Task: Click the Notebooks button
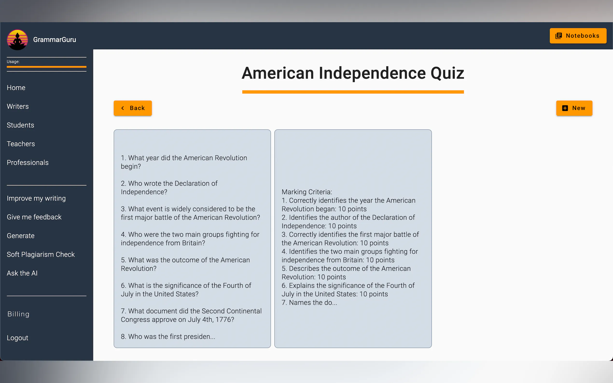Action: coord(578,36)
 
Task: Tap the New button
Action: coord(574,108)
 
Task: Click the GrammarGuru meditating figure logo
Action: coord(17,40)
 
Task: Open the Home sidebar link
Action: coord(16,88)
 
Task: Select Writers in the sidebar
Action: coord(18,106)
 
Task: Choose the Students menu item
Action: coord(20,125)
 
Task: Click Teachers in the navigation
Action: coord(21,144)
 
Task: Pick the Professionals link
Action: coord(28,163)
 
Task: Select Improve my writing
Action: coord(36,198)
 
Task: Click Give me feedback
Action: coord(34,217)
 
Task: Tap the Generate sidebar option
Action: coord(21,236)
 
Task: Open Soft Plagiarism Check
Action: coord(41,255)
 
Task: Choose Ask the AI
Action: coord(22,273)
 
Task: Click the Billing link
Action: coord(18,314)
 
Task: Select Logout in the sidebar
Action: coord(17,338)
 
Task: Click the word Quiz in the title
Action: coord(447,74)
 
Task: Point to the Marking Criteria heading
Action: coord(307,192)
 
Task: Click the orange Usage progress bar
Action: coord(47,67)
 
